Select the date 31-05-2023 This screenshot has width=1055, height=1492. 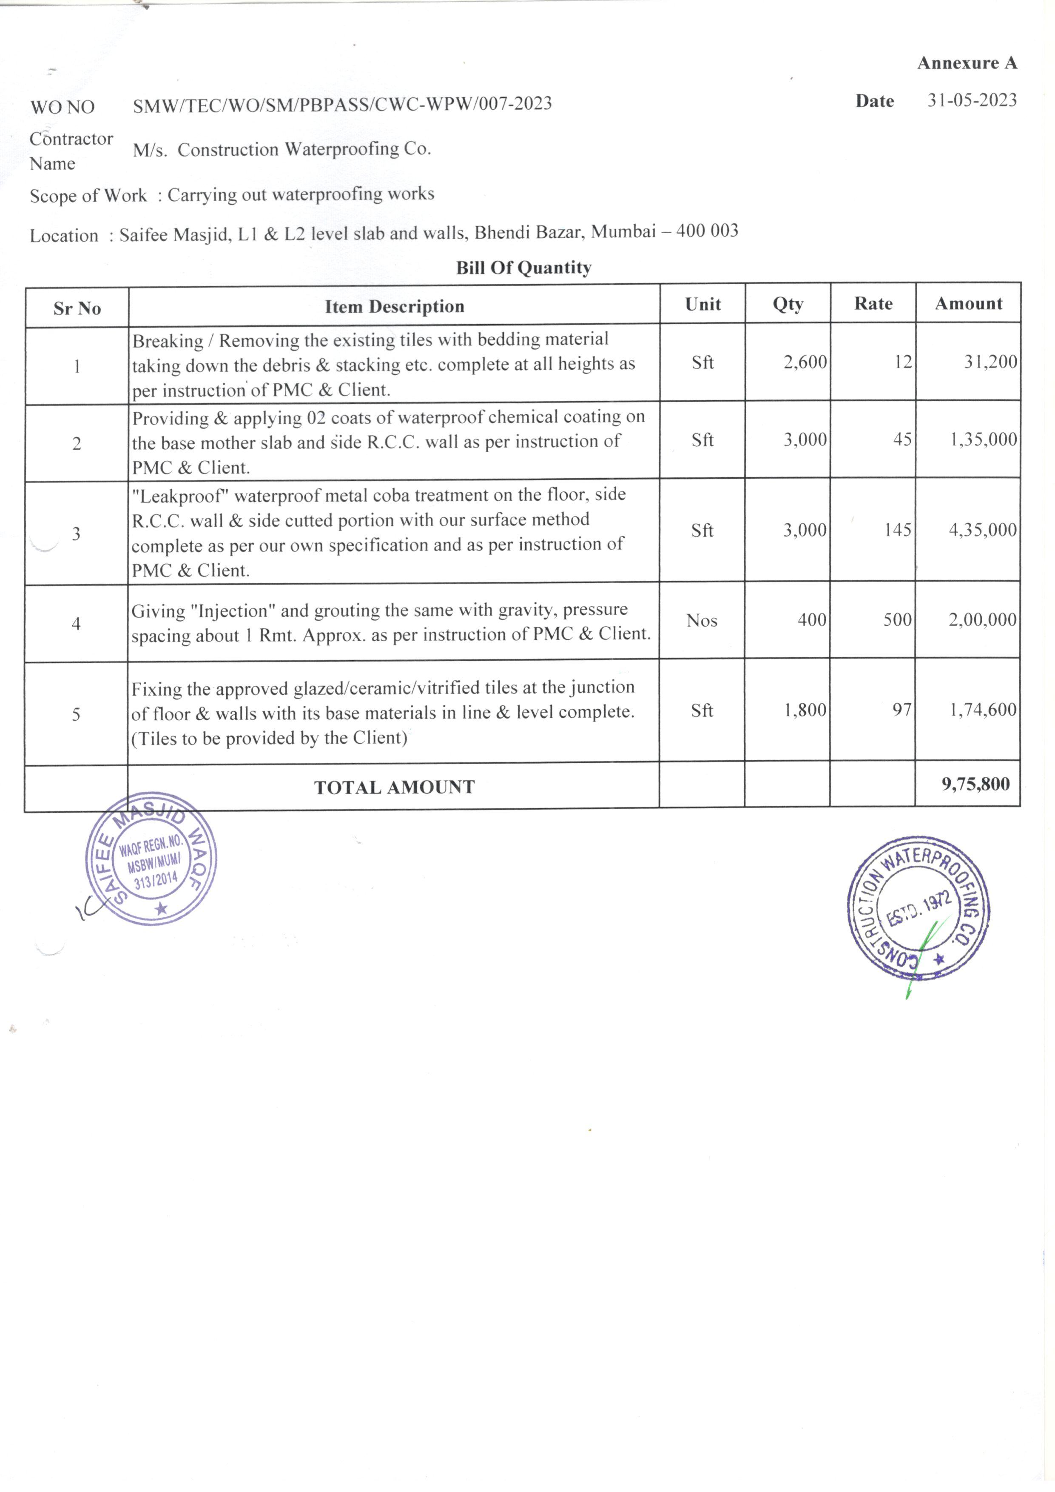pyautogui.click(x=972, y=100)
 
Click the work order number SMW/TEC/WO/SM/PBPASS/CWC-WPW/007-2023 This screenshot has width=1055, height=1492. pyautogui.click(x=342, y=104)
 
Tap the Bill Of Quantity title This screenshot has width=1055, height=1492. pyautogui.click(x=523, y=268)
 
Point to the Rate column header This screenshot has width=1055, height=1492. pyautogui.click(x=873, y=303)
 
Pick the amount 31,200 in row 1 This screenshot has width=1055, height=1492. pyautogui.click(x=990, y=362)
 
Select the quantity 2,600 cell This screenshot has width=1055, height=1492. pyautogui.click(x=805, y=362)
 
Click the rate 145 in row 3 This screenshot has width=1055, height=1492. pyautogui.click(x=897, y=530)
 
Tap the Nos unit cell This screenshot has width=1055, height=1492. pyautogui.click(x=702, y=621)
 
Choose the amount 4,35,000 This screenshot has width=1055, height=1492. pyautogui.click(x=982, y=530)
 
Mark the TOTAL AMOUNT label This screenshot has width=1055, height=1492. pyautogui.click(x=394, y=787)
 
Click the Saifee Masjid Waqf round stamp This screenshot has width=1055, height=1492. pyautogui.click(x=151, y=859)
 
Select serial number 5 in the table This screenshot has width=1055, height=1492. pyautogui.click(x=76, y=715)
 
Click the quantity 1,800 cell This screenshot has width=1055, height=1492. pyautogui.click(x=805, y=710)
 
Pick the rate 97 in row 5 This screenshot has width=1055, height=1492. pyautogui.click(x=901, y=710)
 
